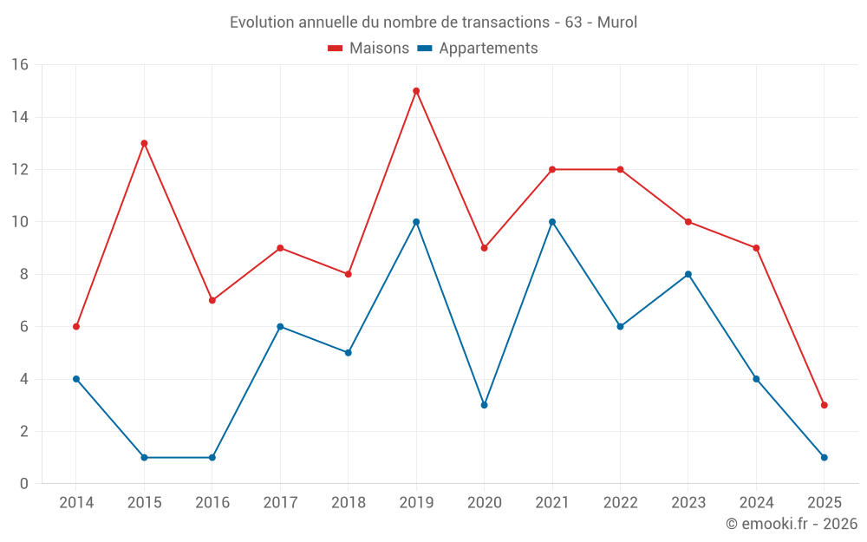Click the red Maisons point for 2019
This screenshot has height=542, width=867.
[416, 91]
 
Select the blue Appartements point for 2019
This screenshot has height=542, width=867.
[416, 222]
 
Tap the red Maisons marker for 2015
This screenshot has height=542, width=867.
[144, 143]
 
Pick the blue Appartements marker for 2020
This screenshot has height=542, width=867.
[484, 405]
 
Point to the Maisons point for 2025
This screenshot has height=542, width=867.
[824, 405]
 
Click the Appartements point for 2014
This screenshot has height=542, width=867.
[76, 379]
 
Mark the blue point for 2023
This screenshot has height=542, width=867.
[688, 274]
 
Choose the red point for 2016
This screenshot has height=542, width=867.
[212, 300]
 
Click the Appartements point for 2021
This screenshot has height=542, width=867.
[552, 222]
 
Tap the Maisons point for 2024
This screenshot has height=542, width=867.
[756, 248]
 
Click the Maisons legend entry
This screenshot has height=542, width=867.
[368, 49]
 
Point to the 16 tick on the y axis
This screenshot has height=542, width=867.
[19, 65]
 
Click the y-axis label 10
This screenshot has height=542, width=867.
[19, 222]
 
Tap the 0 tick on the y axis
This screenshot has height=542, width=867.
[23, 484]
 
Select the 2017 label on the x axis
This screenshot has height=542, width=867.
[280, 503]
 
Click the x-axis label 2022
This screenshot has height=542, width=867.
[620, 503]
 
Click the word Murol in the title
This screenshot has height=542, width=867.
[617, 23]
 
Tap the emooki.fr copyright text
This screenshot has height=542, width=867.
[792, 524]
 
